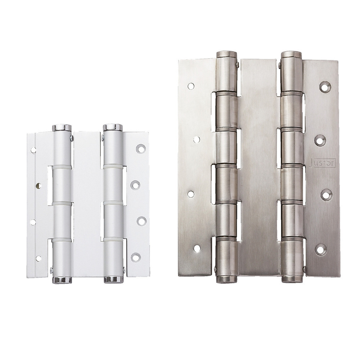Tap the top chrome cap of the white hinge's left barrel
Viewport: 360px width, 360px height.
tap(62, 128)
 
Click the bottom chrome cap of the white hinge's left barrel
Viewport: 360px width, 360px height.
tap(62, 280)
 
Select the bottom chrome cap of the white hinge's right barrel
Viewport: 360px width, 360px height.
tap(114, 279)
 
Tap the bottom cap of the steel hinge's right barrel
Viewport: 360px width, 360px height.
tap(292, 279)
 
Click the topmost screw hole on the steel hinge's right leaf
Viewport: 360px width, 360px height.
tap(325, 87)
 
